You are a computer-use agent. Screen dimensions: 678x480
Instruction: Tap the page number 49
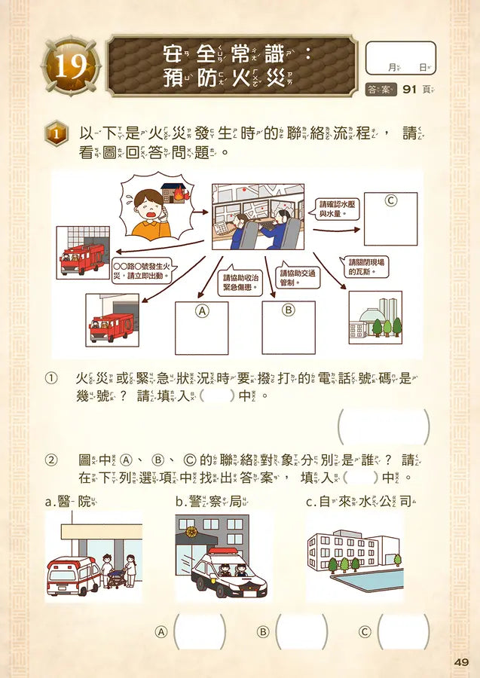coord(462,662)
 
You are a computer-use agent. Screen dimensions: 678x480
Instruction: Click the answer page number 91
coord(410,90)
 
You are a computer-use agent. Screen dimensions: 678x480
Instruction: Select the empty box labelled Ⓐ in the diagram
coord(201,328)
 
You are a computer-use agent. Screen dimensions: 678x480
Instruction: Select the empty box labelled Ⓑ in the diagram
coord(288,328)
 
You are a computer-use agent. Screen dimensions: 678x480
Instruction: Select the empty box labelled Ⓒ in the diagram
coord(390,218)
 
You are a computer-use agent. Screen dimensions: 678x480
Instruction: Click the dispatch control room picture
coord(258,217)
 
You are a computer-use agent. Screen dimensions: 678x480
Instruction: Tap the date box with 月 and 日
coord(400,58)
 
